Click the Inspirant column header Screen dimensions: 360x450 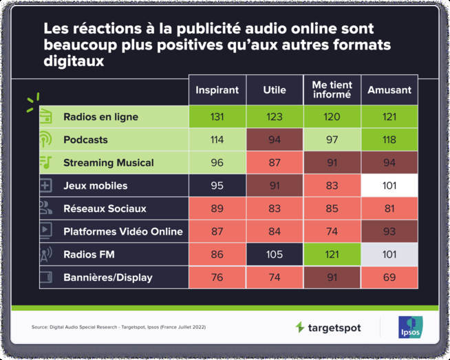click(x=217, y=90)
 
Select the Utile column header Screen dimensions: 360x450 click(x=275, y=90)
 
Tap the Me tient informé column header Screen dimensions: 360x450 click(x=332, y=90)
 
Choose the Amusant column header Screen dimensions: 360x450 click(x=389, y=90)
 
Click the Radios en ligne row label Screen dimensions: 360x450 click(x=100, y=117)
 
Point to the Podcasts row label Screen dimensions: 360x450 click(x=85, y=140)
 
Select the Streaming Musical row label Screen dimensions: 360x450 click(x=108, y=163)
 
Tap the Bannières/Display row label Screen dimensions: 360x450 click(x=107, y=277)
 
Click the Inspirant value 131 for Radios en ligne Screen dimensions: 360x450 click(x=217, y=117)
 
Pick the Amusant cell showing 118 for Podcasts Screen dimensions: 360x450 click(x=389, y=140)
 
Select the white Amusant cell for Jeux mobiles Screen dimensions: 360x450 click(x=389, y=186)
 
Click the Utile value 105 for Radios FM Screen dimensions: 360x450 click(x=275, y=255)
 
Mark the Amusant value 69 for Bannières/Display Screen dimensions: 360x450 click(x=389, y=277)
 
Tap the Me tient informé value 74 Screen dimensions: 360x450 click(x=332, y=232)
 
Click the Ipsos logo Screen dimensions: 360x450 click(x=410, y=327)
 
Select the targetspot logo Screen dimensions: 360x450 click(x=328, y=328)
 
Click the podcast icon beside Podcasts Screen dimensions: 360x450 click(x=46, y=140)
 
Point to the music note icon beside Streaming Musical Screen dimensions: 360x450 click(x=46, y=163)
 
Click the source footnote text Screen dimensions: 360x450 click(x=118, y=327)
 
